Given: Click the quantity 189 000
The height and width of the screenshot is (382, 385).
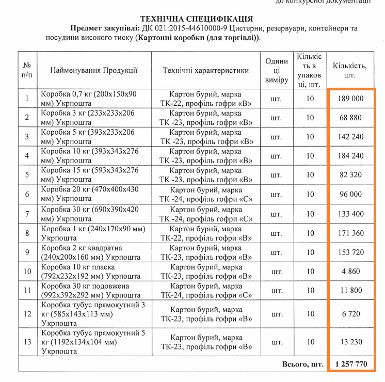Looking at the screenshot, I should [x=351, y=98].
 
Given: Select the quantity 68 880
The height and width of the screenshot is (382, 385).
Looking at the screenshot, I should [x=351, y=118].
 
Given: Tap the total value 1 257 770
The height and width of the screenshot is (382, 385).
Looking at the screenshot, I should [x=351, y=364].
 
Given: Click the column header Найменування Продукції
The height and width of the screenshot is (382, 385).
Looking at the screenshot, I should [x=93, y=70].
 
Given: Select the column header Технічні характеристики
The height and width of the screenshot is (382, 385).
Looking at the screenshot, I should [x=206, y=70].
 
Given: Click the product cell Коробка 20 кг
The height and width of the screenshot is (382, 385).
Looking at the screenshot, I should [x=90, y=194].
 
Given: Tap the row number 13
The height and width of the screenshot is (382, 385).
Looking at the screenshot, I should [x=27, y=341].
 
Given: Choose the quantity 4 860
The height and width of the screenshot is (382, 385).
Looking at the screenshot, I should [x=351, y=271].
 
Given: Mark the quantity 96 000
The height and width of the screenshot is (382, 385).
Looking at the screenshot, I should [x=351, y=194].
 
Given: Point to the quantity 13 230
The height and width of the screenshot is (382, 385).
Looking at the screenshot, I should [x=351, y=341].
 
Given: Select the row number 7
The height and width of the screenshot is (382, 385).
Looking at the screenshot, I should [x=27, y=214].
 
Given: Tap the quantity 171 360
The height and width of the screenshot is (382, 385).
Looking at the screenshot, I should [x=351, y=233].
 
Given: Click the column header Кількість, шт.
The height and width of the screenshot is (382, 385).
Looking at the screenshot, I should [x=350, y=70].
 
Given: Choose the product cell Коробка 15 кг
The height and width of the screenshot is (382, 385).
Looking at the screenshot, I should [x=90, y=175].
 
